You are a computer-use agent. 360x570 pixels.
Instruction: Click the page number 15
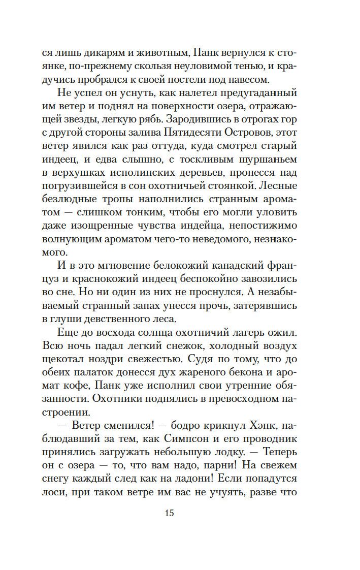169,513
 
